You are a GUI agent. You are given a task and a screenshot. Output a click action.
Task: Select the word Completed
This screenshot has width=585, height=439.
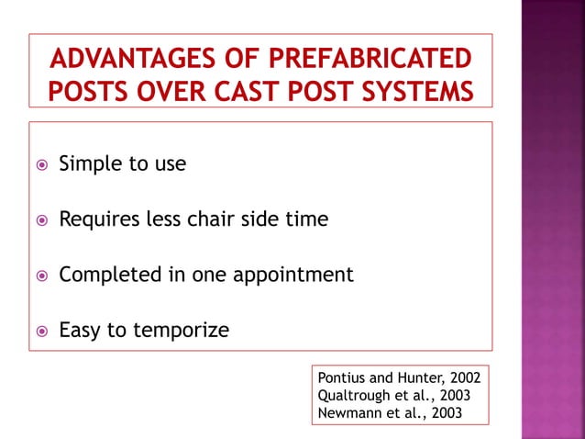[x=106, y=275]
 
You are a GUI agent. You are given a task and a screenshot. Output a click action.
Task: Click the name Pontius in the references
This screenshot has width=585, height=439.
[x=341, y=377]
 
